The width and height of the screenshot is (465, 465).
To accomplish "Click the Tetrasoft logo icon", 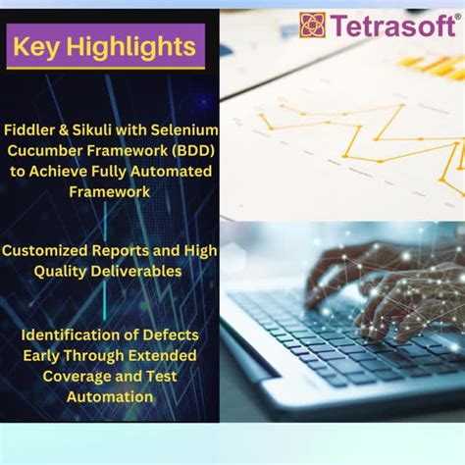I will click(312, 26).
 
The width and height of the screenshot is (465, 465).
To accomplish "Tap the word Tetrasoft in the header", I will click(389, 26).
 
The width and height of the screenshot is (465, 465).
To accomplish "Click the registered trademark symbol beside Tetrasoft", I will click(457, 16).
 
